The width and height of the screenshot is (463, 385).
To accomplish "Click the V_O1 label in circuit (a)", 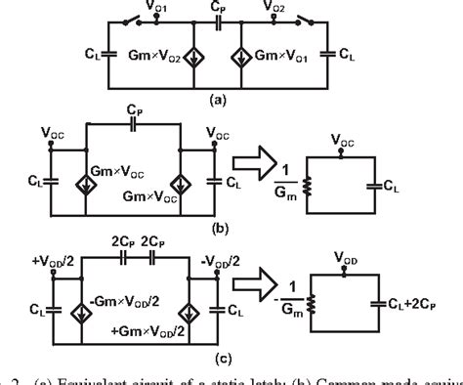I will pyautogui.click(x=163, y=9).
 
